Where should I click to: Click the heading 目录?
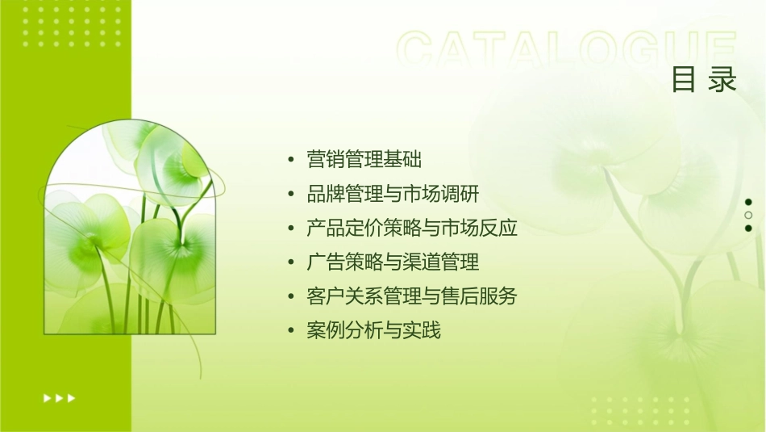[x=704, y=80]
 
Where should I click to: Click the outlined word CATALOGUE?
[x=567, y=50]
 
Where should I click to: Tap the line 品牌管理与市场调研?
[x=393, y=194]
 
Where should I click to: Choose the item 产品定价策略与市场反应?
[x=412, y=229]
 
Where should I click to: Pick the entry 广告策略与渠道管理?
[x=393, y=262]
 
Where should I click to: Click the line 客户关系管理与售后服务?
[x=412, y=296]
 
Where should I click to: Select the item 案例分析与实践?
[x=374, y=330]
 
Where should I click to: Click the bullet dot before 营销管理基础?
[x=290, y=160]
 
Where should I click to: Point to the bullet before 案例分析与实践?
[x=290, y=331]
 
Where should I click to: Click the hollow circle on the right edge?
[x=748, y=215]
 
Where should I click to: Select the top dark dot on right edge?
[x=748, y=202]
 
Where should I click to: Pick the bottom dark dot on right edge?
[x=748, y=228]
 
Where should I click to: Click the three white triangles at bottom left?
[x=59, y=398]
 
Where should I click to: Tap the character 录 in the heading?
[x=723, y=80]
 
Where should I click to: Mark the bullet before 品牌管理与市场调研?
[x=290, y=195]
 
